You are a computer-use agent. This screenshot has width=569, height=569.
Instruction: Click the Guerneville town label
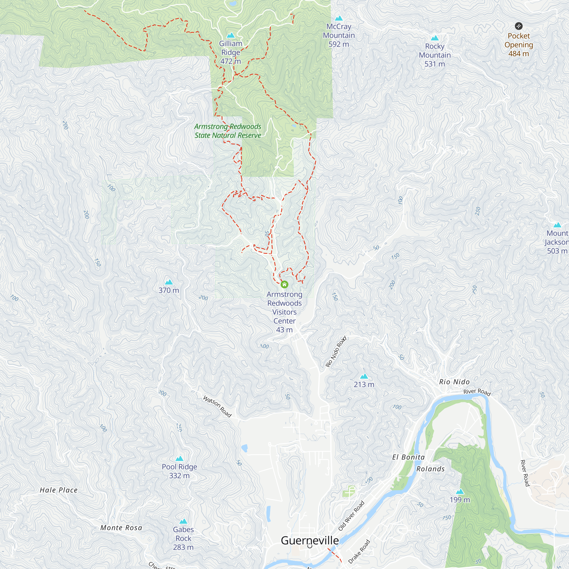pyautogui.click(x=310, y=541)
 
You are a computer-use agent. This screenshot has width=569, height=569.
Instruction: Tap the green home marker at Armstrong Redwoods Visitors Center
pyautogui.click(x=284, y=284)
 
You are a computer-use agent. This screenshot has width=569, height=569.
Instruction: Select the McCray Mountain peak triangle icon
pyautogui.click(x=339, y=18)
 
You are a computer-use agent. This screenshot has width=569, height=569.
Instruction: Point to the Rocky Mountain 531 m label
pyautogui.click(x=434, y=55)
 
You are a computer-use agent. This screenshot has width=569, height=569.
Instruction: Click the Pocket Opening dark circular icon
pyautogui.click(x=519, y=26)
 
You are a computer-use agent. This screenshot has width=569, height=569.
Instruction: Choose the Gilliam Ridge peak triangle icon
pyautogui.click(x=231, y=35)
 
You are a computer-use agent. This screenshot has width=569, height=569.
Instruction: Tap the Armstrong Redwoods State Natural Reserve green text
pyautogui.click(x=228, y=131)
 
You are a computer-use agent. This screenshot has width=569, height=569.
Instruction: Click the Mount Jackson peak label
pyautogui.click(x=557, y=242)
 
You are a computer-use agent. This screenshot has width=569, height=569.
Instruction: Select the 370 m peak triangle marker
pyautogui.click(x=169, y=282)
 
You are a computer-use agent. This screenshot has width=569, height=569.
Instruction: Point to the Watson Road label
pyautogui.click(x=217, y=407)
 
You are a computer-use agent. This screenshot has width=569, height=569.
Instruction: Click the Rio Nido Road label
pyautogui.click(x=336, y=351)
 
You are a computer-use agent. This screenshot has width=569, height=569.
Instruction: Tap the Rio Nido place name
pyautogui.click(x=454, y=382)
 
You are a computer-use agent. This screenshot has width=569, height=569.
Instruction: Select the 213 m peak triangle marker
pyautogui.click(x=364, y=376)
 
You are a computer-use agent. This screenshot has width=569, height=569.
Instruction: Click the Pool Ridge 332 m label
pyautogui.click(x=179, y=471)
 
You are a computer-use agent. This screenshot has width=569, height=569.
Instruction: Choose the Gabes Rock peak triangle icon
pyautogui.click(x=183, y=521)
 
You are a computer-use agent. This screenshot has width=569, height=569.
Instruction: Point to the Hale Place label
pyautogui.click(x=59, y=490)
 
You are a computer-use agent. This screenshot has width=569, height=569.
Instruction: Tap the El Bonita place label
pyautogui.click(x=408, y=457)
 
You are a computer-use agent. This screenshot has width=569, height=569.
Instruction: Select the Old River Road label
pyautogui.click(x=351, y=516)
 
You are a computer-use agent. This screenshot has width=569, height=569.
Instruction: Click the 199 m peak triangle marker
pyautogui.click(x=460, y=492)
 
